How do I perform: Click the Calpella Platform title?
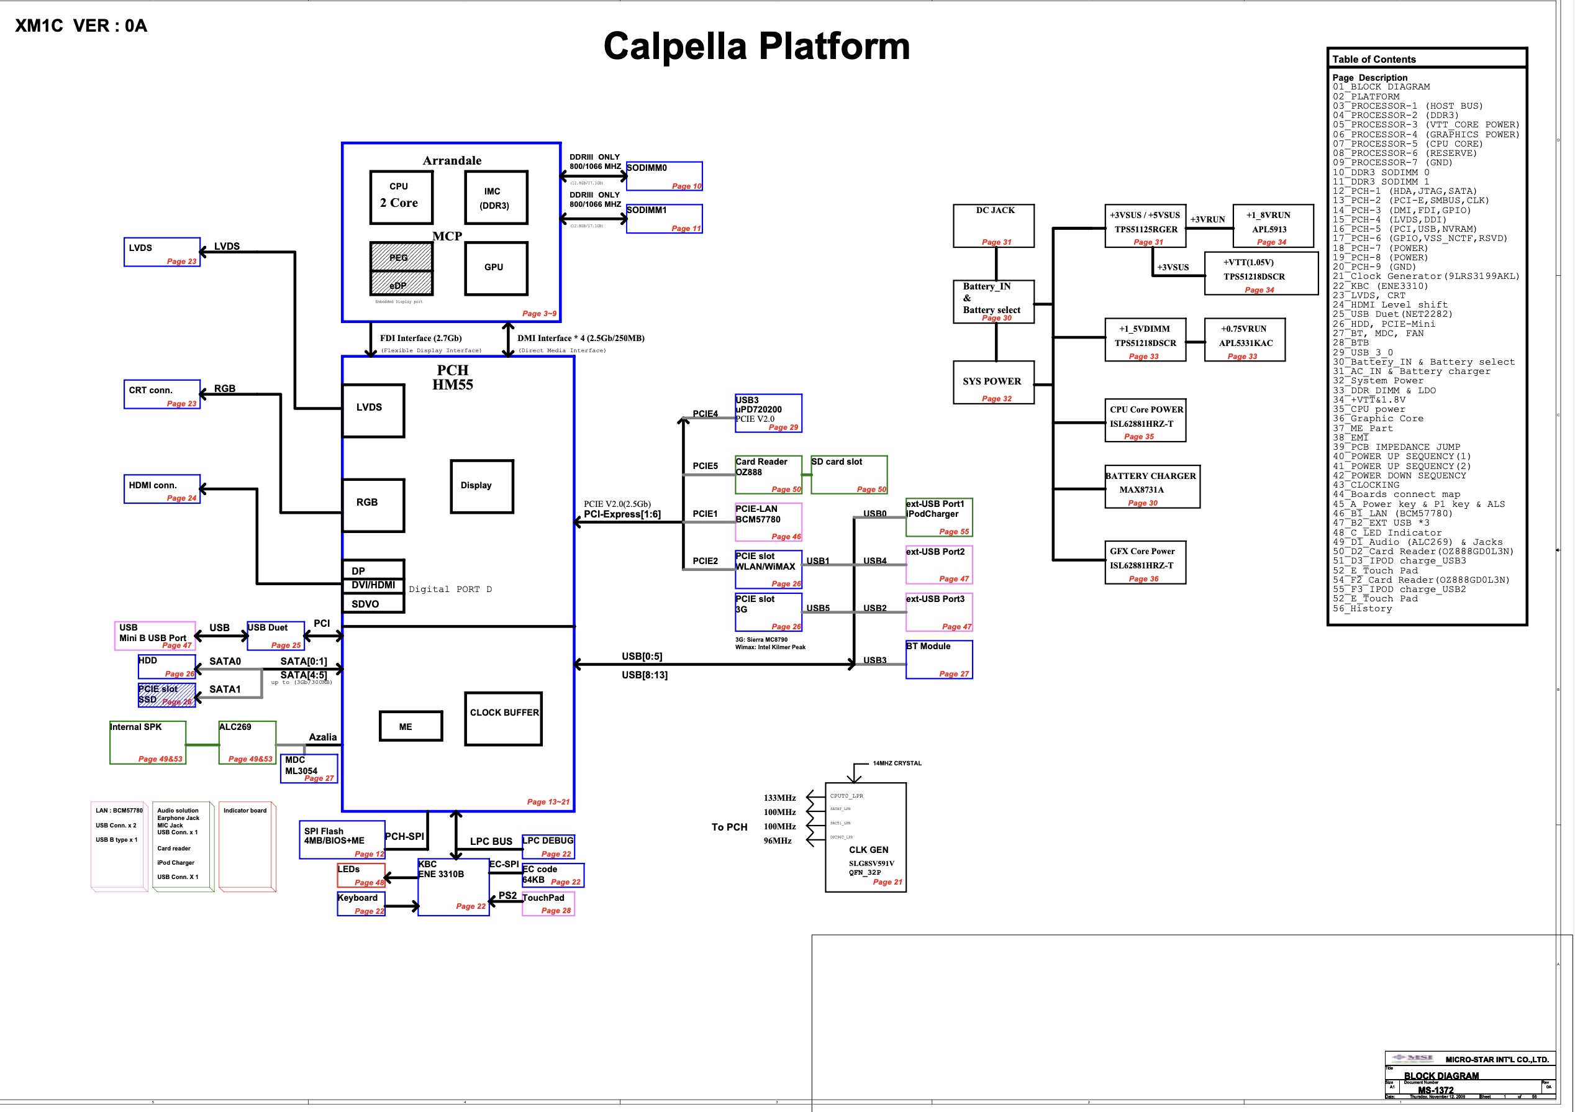[x=756, y=47]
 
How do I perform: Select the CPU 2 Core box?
[x=401, y=197]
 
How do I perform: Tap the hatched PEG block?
[x=401, y=257]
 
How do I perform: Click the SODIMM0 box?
[x=664, y=176]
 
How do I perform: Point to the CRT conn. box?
[x=162, y=394]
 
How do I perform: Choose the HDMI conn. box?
[x=162, y=489]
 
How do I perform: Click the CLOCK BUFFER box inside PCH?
[x=504, y=718]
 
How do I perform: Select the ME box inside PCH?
[x=411, y=726]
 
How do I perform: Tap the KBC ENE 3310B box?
[x=453, y=886]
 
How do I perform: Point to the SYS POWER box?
[x=992, y=382]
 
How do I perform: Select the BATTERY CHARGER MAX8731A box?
[x=1152, y=486]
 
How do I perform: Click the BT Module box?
[x=938, y=659]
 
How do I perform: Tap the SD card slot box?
[x=848, y=474]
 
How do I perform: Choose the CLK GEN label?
[x=868, y=850]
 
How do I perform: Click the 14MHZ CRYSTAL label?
[x=897, y=763]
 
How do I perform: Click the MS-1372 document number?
[x=1435, y=1090]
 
